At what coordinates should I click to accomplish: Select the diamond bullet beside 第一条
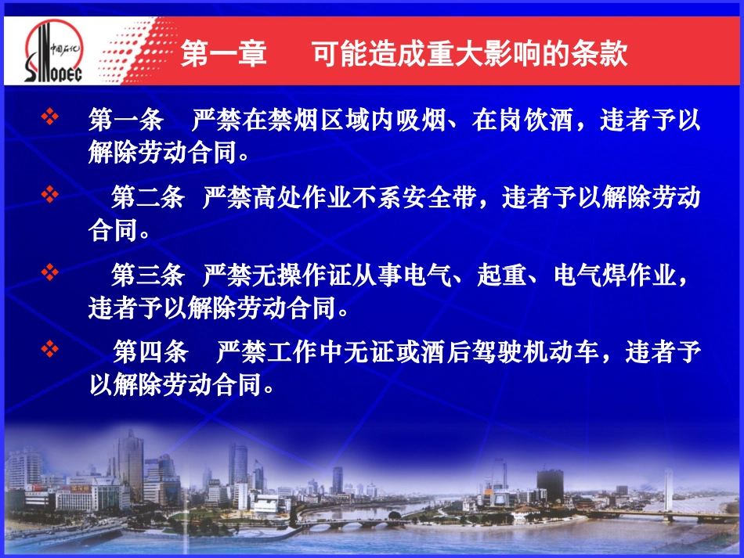50,118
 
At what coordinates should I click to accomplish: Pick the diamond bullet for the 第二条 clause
50,193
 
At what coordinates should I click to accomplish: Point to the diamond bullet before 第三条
50,271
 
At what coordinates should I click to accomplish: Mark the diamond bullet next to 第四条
50,347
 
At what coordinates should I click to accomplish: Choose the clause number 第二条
148,197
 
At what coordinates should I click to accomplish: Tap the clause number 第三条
148,275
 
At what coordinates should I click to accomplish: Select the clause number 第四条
150,352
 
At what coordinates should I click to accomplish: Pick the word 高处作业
289,197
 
